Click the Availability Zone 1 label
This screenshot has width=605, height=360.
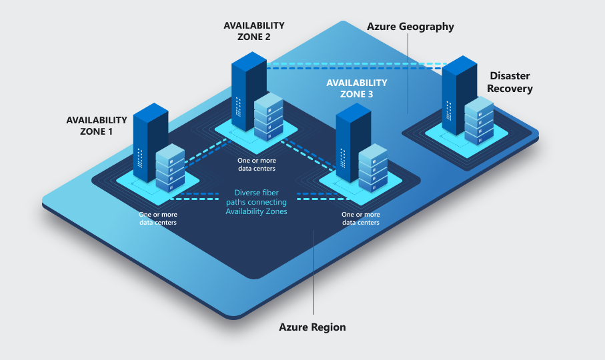click(96, 125)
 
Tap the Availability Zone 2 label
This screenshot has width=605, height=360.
click(253, 31)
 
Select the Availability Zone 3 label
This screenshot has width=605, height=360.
click(356, 88)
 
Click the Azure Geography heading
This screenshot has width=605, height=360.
click(410, 27)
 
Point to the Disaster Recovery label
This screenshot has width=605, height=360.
click(510, 82)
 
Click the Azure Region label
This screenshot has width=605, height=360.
click(312, 327)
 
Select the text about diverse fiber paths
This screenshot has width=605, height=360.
click(255, 202)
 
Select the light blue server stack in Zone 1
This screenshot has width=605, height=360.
click(170, 169)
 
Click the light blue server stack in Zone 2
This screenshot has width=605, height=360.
click(269, 116)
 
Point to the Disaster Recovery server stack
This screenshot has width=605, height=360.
click(479, 120)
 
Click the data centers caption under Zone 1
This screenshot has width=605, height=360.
click(158, 219)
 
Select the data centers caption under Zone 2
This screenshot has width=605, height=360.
click(256, 165)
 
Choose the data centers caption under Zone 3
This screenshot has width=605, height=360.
click(361, 219)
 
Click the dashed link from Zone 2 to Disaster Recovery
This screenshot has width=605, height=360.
click(354, 66)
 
